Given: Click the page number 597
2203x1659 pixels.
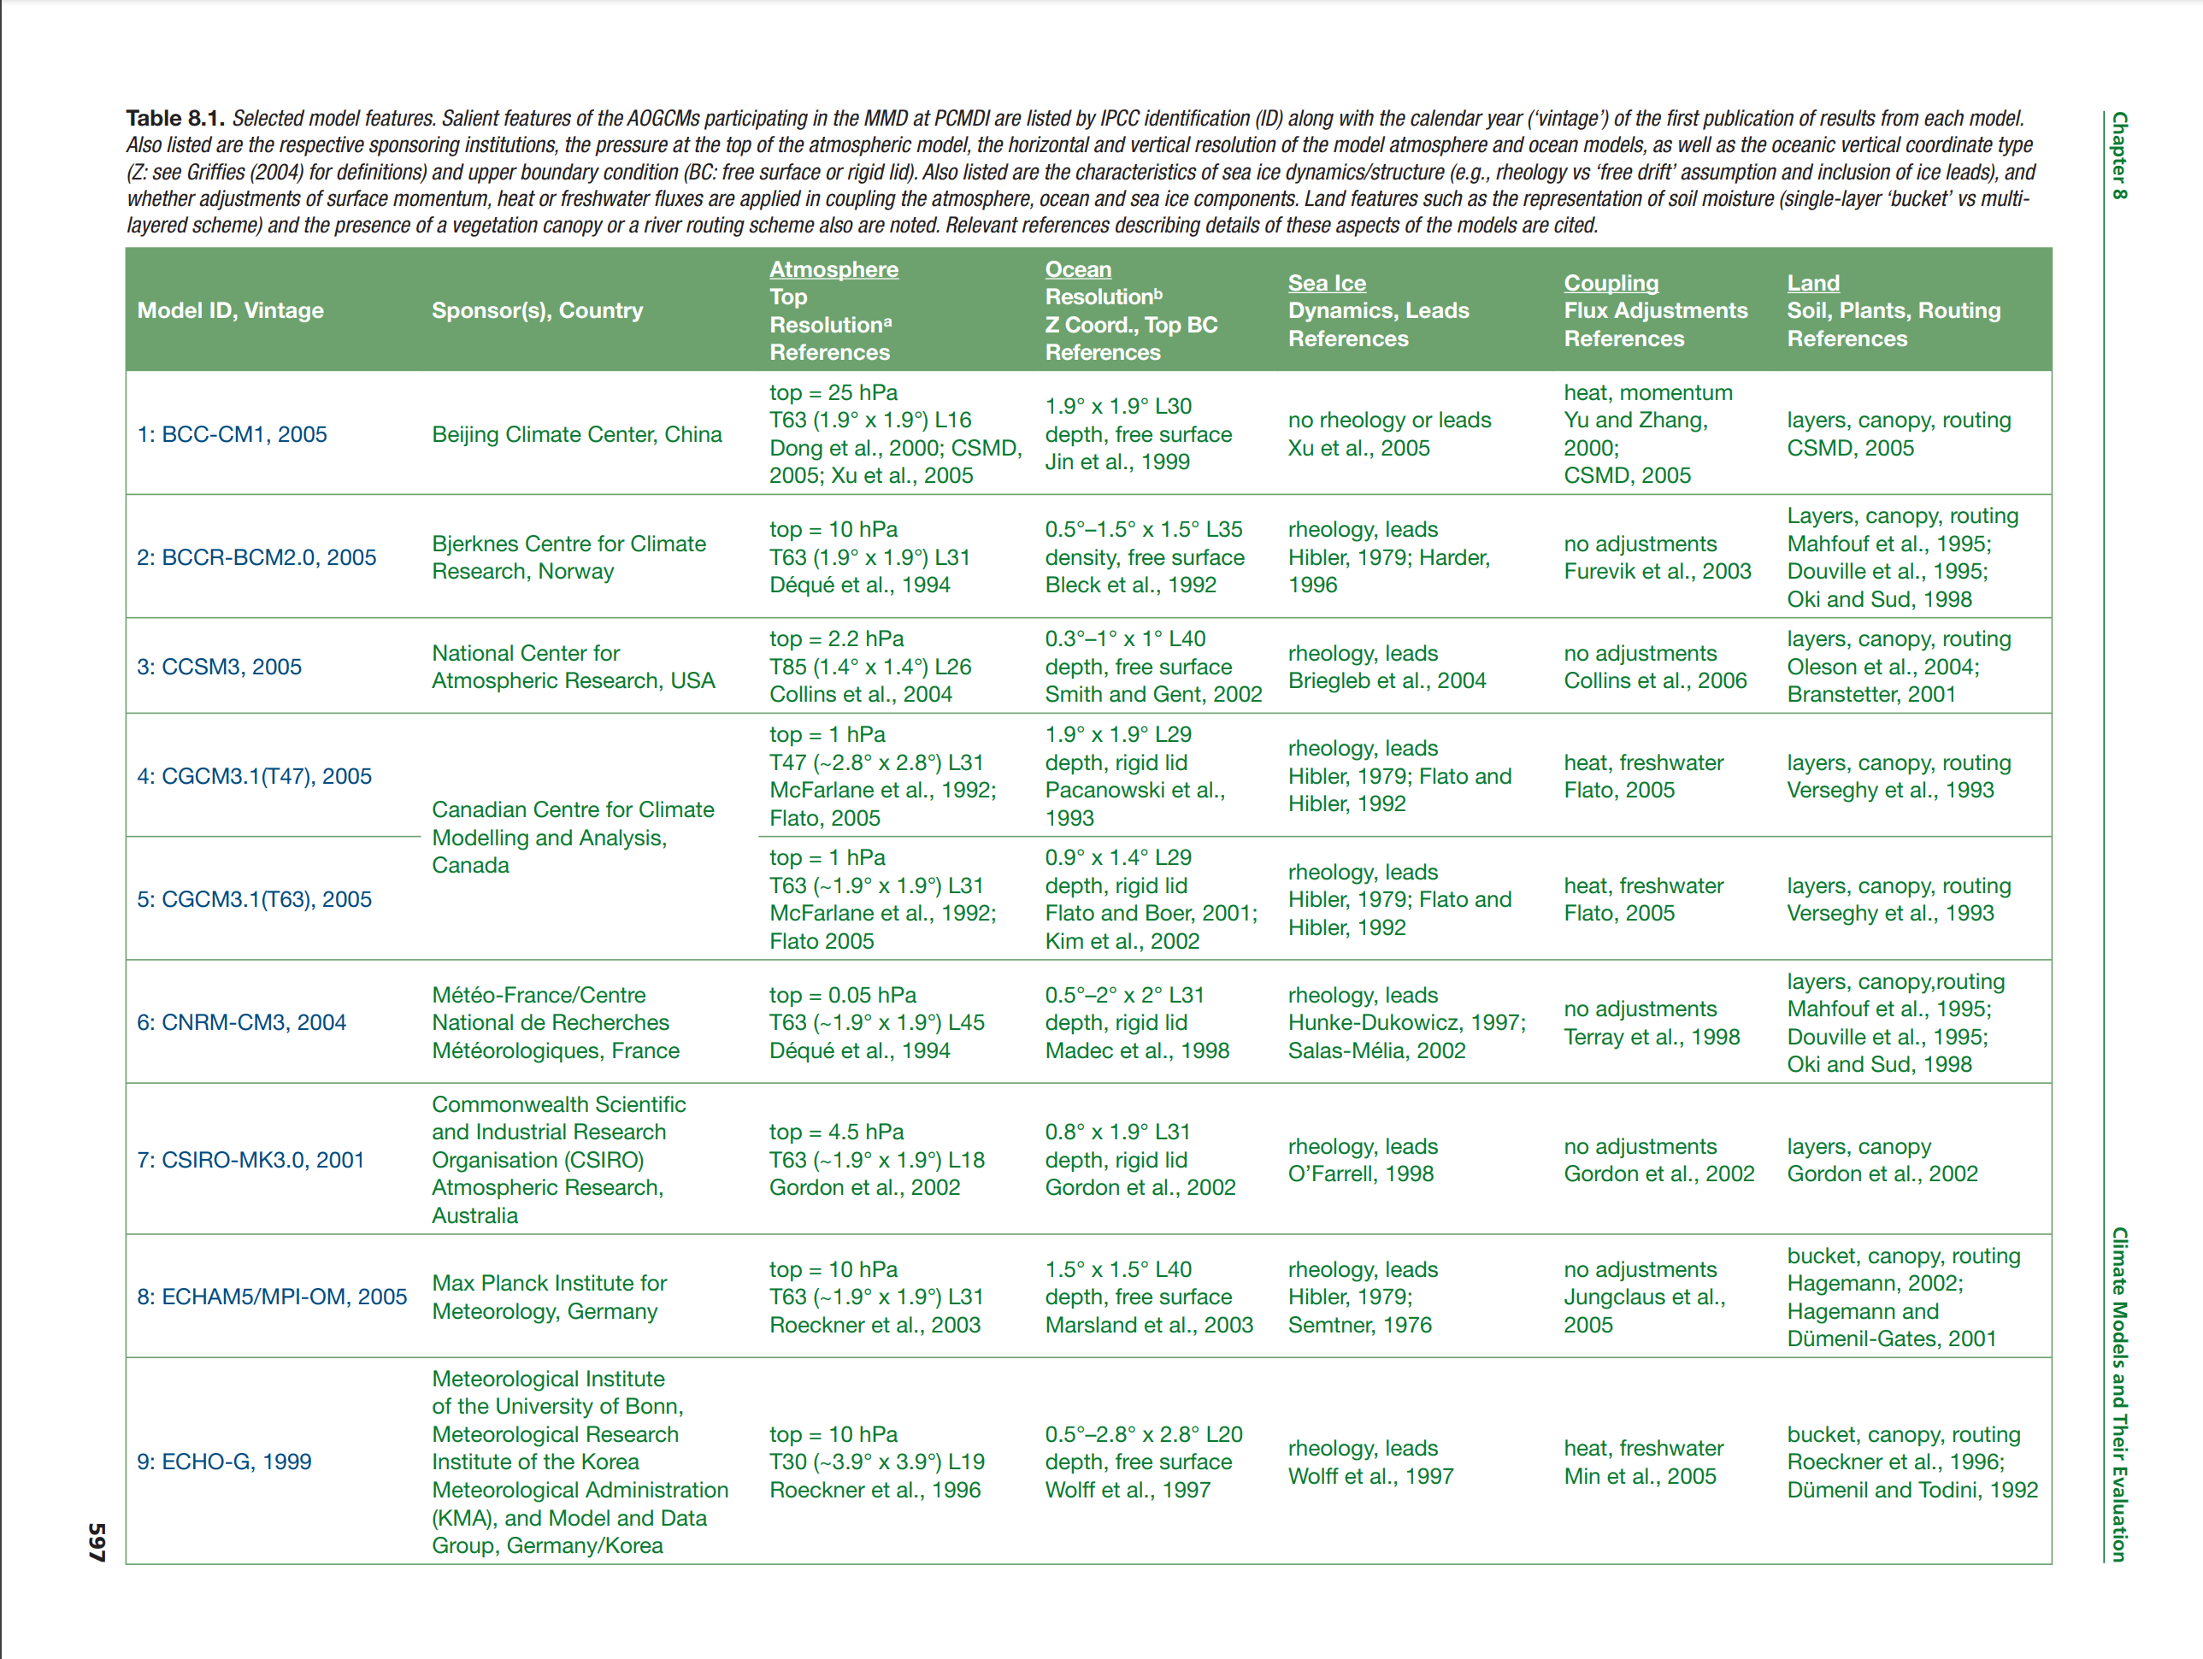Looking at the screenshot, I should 97,1542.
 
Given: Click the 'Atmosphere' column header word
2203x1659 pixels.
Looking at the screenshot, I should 833,269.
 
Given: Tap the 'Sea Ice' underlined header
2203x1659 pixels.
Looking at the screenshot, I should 1327,283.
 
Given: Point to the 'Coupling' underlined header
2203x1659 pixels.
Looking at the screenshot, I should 1611,283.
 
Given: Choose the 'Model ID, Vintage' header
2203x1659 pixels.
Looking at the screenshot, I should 230,311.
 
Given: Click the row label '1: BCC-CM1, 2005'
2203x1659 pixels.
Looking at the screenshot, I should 231,434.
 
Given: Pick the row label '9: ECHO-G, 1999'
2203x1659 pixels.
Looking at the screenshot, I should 224,1461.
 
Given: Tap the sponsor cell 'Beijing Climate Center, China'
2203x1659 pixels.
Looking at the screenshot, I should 577,434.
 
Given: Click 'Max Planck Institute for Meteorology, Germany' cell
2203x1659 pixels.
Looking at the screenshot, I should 549,1297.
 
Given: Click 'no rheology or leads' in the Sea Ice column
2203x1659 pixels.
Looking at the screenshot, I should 1389,421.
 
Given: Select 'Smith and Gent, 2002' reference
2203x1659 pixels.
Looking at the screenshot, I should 1153,694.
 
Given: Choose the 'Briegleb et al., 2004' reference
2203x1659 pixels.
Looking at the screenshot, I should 1387,680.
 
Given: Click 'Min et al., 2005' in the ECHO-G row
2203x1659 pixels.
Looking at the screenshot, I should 1640,1476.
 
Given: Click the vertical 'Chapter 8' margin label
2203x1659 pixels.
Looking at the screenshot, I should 2119,156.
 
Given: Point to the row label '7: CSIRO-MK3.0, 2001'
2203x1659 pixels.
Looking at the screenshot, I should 250,1159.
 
